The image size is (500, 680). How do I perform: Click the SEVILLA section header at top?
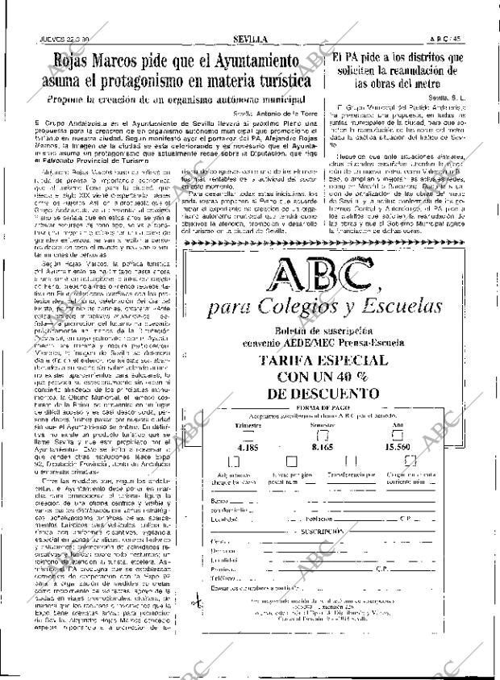tap(251, 38)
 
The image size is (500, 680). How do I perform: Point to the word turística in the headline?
tap(274, 81)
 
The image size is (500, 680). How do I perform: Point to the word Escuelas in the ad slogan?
tap(404, 306)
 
